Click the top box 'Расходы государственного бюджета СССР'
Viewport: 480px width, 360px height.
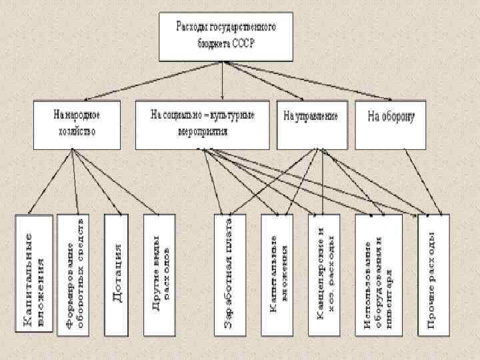point(225,36)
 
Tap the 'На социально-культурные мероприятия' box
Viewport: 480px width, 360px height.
point(204,124)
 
